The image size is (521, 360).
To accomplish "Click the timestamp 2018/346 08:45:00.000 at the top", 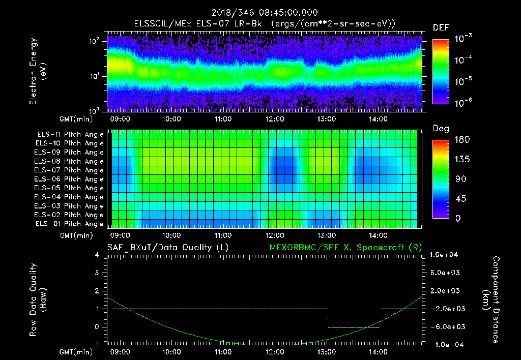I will tap(260, 13).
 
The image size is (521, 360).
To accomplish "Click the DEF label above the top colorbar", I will tap(441, 27).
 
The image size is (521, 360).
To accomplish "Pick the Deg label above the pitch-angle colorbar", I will tap(441, 129).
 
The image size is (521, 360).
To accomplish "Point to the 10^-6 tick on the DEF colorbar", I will tap(462, 102).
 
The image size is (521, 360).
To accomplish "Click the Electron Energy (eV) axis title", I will tap(38, 72).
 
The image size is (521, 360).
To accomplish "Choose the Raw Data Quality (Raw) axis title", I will tap(38, 300).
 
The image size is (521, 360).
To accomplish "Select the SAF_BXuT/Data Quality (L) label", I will tap(167, 247).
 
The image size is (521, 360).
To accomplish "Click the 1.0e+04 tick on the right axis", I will tap(445, 254).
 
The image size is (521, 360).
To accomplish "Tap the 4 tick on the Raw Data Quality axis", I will tap(98, 255).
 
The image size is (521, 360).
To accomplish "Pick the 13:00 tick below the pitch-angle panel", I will tap(326, 235).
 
